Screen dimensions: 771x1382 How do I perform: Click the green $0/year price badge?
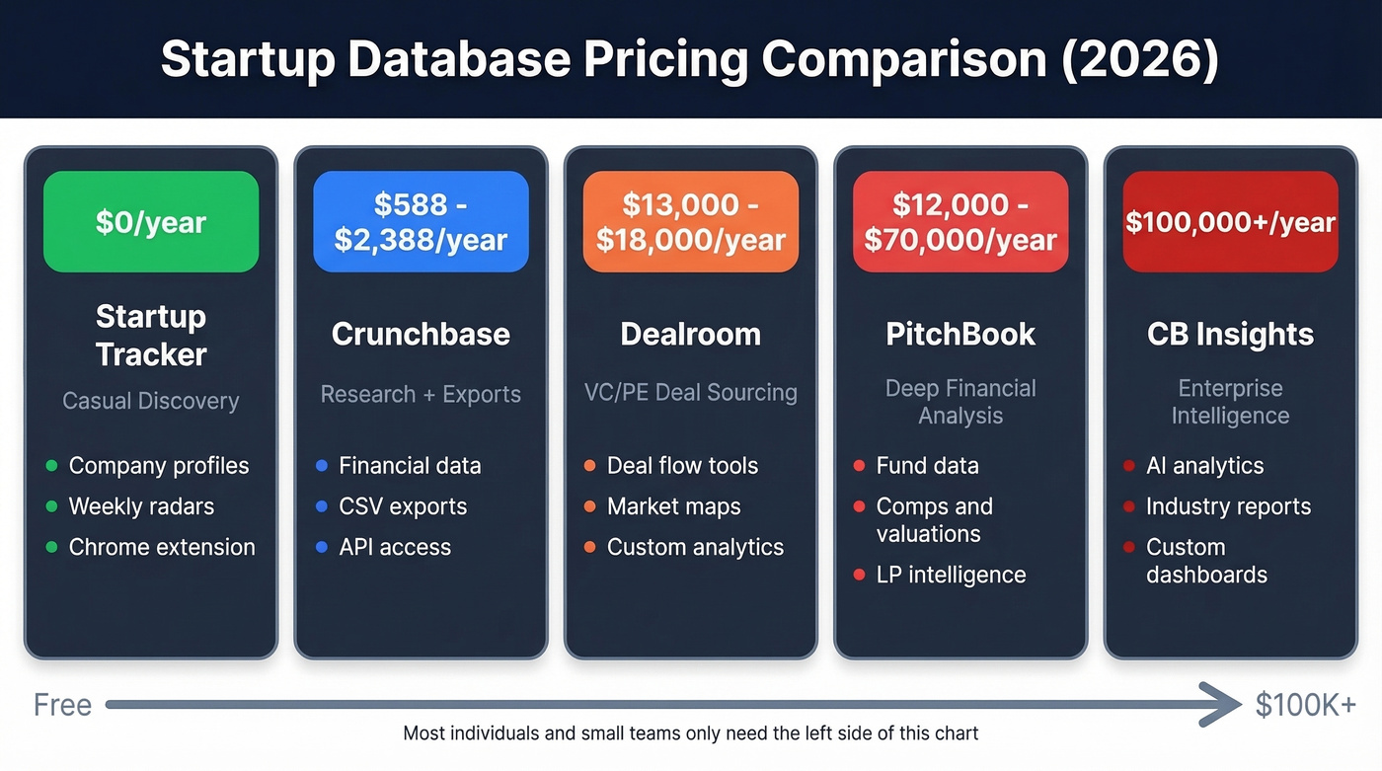[151, 222]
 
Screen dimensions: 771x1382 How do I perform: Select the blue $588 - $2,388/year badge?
[421, 222]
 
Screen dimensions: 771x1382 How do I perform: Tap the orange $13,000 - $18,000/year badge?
[691, 222]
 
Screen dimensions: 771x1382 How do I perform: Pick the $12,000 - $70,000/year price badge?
[960, 222]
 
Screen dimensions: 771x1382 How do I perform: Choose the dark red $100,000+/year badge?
[1230, 222]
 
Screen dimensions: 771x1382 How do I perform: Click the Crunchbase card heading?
[421, 334]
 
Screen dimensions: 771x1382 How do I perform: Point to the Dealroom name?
[691, 334]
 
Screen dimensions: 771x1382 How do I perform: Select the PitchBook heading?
[960, 334]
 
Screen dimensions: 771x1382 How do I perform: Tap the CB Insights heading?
[1230, 334]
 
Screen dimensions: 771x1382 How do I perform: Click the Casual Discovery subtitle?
[151, 401]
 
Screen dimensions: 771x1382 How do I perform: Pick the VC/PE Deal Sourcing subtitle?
[691, 393]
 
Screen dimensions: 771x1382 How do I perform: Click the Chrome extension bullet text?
[162, 547]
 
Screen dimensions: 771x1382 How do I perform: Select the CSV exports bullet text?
[403, 506]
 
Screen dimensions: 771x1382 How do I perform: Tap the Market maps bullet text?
[673, 506]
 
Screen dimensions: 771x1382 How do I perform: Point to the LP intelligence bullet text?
[951, 575]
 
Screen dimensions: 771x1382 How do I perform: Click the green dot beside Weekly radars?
[52, 507]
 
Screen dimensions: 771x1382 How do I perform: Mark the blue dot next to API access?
[321, 548]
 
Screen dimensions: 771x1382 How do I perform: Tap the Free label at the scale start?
[62, 705]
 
